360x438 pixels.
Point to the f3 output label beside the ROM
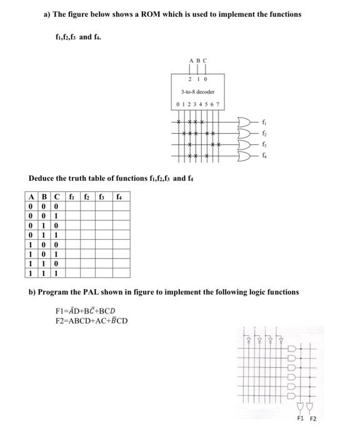(x=261, y=143)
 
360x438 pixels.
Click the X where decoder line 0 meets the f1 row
(x=179, y=121)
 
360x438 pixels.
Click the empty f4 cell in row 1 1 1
(x=119, y=273)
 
